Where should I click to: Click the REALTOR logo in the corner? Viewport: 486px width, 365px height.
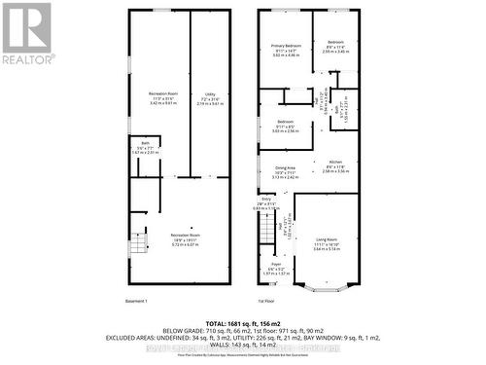click(26, 33)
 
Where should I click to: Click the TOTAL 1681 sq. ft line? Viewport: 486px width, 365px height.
click(243, 321)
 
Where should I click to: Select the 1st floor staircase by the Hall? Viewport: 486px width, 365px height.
click(267, 231)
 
